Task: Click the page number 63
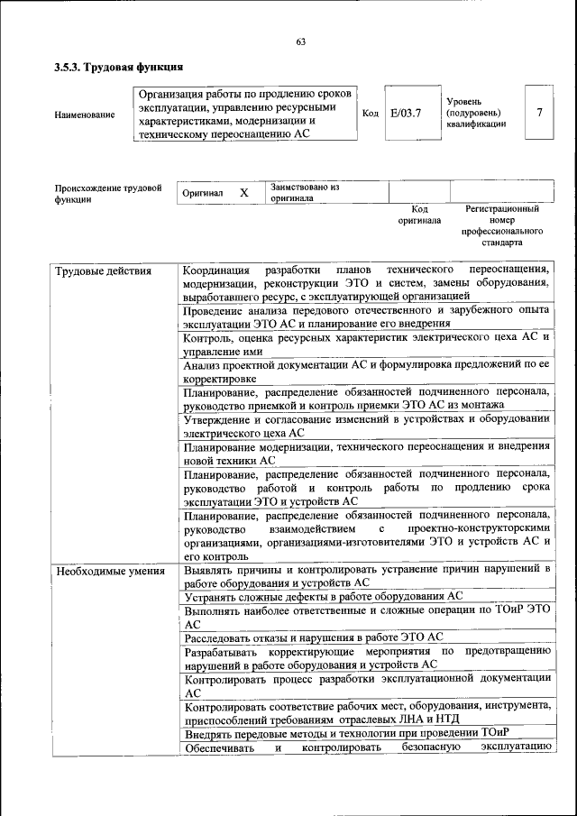(x=301, y=41)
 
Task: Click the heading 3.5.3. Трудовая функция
(x=119, y=68)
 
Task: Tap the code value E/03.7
(x=406, y=113)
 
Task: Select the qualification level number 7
(x=538, y=113)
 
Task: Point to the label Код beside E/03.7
(x=370, y=114)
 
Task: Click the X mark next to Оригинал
(x=243, y=193)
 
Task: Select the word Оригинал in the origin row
(x=203, y=194)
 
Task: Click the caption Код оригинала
(x=419, y=214)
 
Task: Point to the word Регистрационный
(x=501, y=208)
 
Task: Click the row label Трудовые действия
(x=104, y=270)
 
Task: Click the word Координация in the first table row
(x=216, y=270)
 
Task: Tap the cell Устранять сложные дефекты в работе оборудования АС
(x=323, y=597)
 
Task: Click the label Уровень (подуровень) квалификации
(x=475, y=113)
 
